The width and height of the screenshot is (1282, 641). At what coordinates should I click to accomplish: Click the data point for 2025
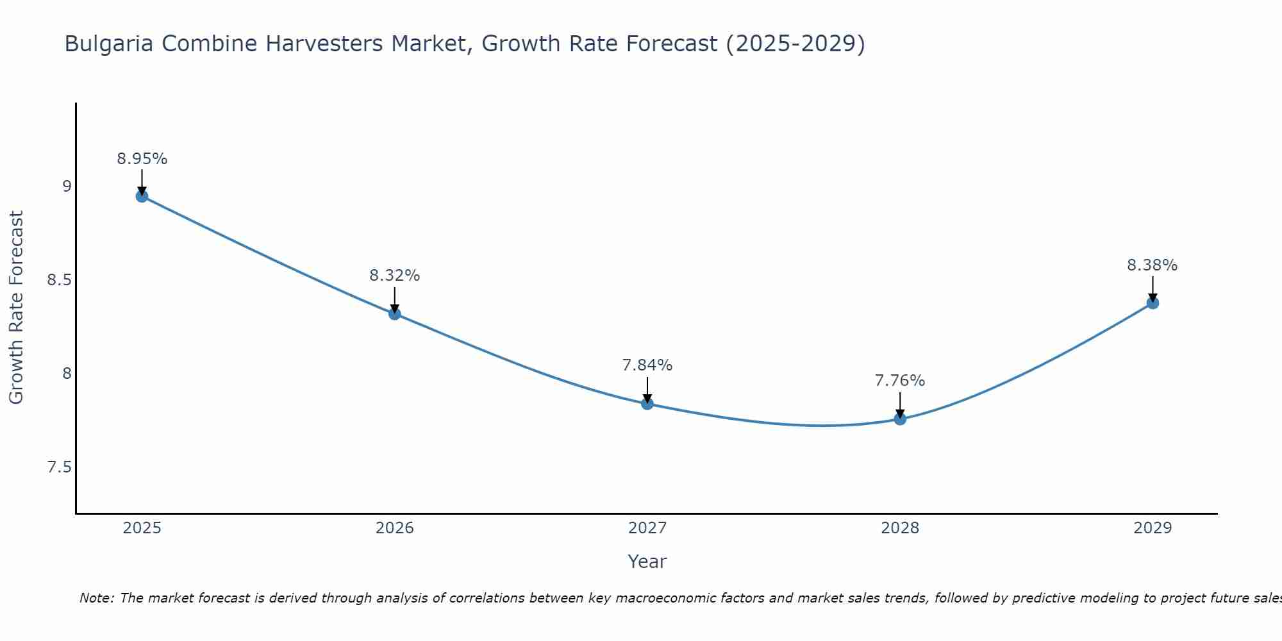pyautogui.click(x=142, y=196)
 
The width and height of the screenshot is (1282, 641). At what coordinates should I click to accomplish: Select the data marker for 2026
pyautogui.click(x=395, y=313)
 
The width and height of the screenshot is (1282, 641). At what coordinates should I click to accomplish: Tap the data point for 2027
pyautogui.click(x=647, y=404)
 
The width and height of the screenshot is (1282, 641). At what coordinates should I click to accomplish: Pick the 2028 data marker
pyautogui.click(x=900, y=419)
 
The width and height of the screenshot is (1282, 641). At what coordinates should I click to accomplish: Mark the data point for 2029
pyautogui.click(x=1153, y=303)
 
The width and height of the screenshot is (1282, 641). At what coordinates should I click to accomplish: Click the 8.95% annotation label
pyautogui.click(x=142, y=159)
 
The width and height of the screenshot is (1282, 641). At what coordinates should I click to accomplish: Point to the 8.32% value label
pyautogui.click(x=395, y=276)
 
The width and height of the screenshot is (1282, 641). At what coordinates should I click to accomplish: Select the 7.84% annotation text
pyautogui.click(x=647, y=365)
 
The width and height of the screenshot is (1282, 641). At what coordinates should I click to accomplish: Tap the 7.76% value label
pyautogui.click(x=900, y=381)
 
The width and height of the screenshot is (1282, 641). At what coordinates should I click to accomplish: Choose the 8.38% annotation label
pyautogui.click(x=1153, y=265)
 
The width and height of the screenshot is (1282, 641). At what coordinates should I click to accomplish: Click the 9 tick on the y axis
pyautogui.click(x=67, y=187)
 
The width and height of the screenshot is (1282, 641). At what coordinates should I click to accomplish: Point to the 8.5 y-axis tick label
pyautogui.click(x=59, y=280)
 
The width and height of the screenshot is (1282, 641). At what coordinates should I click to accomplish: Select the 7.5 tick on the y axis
pyautogui.click(x=59, y=467)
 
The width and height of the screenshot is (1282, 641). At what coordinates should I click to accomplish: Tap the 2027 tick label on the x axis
pyautogui.click(x=647, y=528)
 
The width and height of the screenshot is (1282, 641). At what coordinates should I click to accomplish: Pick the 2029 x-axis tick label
pyautogui.click(x=1153, y=528)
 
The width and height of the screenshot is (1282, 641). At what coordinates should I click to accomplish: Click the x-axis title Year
pyautogui.click(x=647, y=562)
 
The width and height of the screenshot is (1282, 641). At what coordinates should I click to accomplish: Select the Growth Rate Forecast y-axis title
pyautogui.click(x=17, y=308)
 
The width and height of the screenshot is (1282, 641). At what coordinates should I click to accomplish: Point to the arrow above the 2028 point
pyautogui.click(x=900, y=404)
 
